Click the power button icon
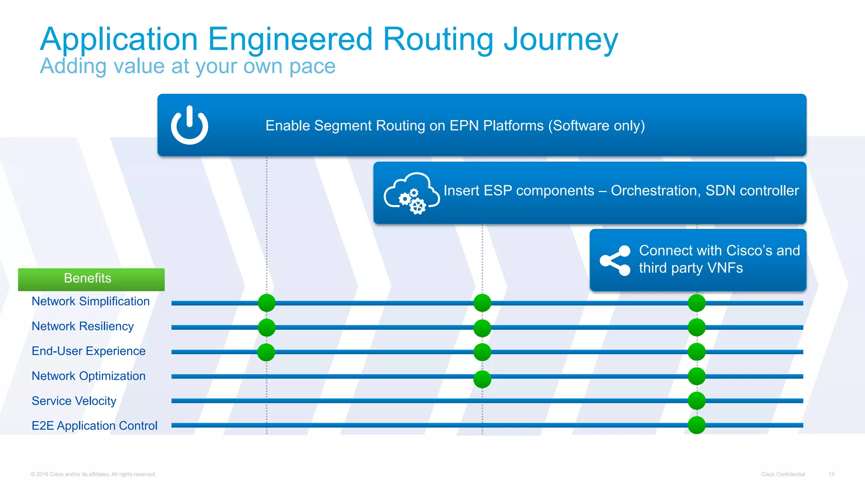(x=189, y=126)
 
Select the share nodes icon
(x=615, y=260)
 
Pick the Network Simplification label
(x=90, y=301)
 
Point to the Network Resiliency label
(x=82, y=326)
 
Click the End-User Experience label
(x=88, y=351)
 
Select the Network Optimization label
(x=88, y=376)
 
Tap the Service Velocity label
(x=74, y=401)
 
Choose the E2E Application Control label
(x=94, y=426)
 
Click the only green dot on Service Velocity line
(x=696, y=401)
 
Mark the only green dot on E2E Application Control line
(x=696, y=425)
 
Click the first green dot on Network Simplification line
(x=267, y=303)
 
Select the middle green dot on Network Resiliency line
(x=482, y=328)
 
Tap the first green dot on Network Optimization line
(x=482, y=379)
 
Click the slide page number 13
(x=831, y=474)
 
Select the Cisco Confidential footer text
(x=783, y=474)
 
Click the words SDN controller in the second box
(x=752, y=191)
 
